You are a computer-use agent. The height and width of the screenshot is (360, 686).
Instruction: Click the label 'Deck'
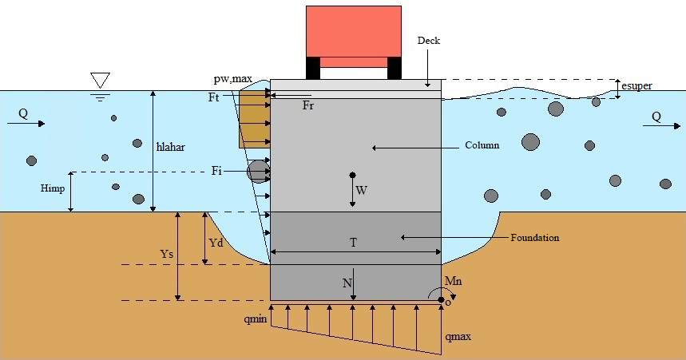pos(429,41)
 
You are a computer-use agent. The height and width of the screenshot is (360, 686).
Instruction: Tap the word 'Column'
pos(482,146)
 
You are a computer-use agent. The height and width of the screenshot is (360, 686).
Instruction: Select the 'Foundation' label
pos(534,237)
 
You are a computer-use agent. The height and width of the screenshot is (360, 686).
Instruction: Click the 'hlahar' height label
pos(172,145)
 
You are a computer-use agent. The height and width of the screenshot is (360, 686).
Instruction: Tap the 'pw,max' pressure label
pos(233,78)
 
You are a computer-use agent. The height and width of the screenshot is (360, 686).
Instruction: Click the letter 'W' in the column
pos(361,191)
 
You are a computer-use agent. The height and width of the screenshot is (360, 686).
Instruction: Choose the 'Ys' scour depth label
pos(167,255)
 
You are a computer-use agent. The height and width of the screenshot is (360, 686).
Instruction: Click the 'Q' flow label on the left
pos(23,114)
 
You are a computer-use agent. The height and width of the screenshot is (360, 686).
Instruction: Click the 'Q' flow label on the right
pos(656,116)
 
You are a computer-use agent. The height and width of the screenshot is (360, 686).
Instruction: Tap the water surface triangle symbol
pos(100,80)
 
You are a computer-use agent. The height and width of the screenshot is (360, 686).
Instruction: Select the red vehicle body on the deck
pos(354,31)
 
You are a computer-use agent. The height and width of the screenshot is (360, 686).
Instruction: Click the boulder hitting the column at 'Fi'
pos(257,171)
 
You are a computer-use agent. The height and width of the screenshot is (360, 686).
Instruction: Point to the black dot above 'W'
pos(352,175)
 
